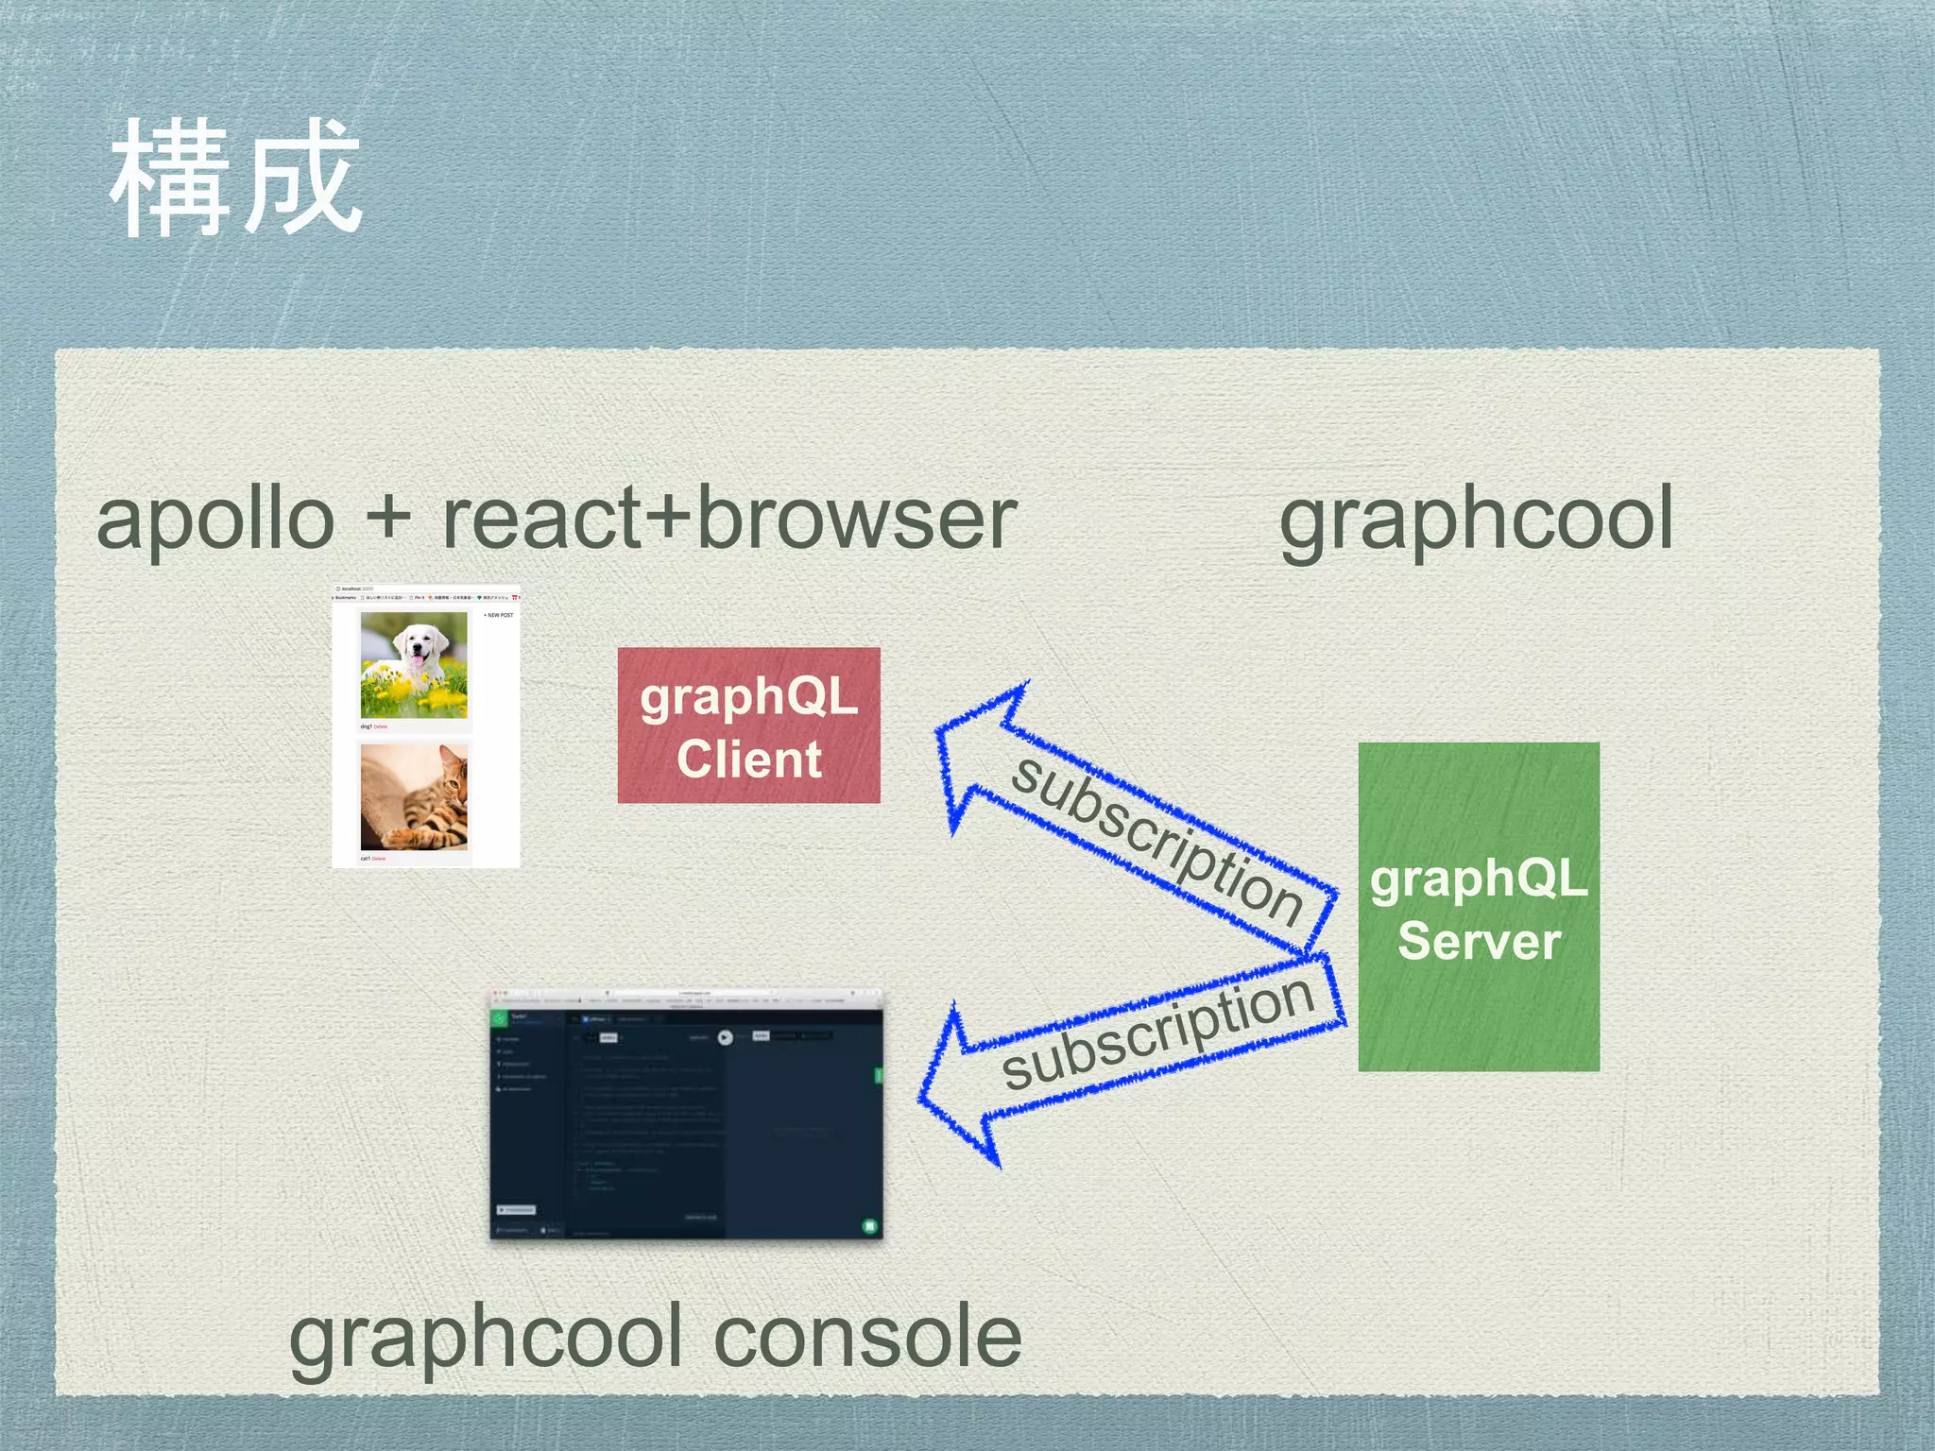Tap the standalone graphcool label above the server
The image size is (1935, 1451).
point(1476,520)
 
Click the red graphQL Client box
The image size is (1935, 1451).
point(748,725)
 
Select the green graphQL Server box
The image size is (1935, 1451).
point(1479,907)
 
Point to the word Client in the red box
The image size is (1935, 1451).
point(749,760)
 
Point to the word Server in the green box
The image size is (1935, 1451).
point(1479,942)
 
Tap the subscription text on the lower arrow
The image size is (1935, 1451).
point(1157,1033)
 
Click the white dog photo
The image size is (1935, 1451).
point(414,665)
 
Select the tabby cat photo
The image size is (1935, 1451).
point(414,797)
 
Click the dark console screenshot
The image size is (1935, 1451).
point(686,1115)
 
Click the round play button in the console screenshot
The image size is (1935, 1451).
point(725,1037)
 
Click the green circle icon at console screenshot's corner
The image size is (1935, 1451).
point(869,1226)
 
